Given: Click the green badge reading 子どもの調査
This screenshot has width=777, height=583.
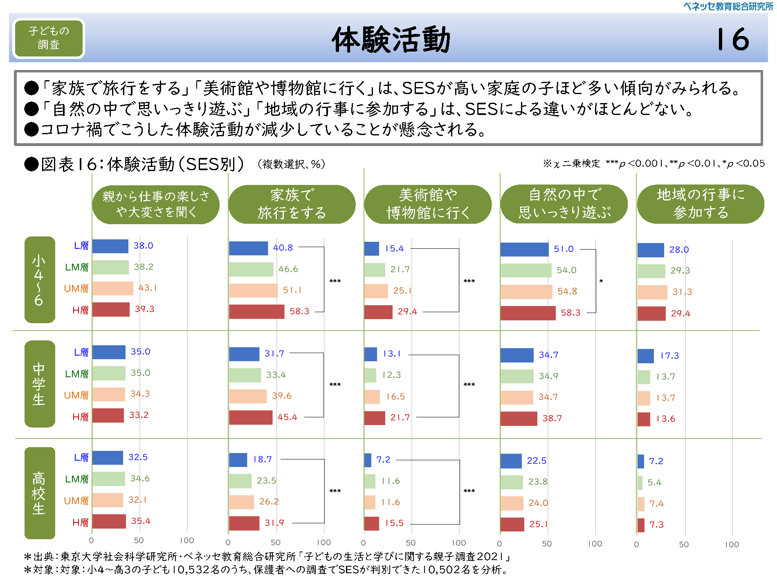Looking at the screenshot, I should coord(49,38).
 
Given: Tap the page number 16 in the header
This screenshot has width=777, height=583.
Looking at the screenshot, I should coord(733,40).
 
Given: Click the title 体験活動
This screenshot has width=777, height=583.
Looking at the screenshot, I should coord(391,40).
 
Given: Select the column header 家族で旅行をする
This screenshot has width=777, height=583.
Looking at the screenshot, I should coord(292,204).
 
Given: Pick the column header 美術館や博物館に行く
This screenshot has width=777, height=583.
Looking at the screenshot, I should coord(428,204).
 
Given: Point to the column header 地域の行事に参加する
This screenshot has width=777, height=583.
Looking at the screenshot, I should coord(700,204).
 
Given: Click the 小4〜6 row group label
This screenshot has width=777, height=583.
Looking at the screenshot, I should coord(39,280).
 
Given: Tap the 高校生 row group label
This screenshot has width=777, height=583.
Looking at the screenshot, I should coord(39,493).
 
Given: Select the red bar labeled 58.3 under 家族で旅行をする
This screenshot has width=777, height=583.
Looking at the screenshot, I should coord(256,312).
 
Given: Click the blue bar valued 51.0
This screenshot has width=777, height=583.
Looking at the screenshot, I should coord(524,250).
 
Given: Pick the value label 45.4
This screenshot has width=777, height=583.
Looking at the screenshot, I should coord(287,417).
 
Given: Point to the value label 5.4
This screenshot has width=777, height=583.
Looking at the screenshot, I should coord(654,483).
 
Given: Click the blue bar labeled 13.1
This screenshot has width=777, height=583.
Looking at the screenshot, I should coord(371,354).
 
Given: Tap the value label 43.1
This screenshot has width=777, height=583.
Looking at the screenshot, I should coord(147,288).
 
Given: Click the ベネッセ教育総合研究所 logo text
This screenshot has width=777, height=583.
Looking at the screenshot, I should coord(728,6).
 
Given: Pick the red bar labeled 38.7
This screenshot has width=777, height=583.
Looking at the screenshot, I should coord(519,419).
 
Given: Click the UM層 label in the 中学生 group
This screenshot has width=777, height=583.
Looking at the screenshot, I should coord(76,395).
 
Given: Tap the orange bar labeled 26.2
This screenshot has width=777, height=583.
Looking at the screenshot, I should coord(241,502).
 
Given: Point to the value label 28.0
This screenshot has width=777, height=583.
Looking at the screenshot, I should coord(679,250).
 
